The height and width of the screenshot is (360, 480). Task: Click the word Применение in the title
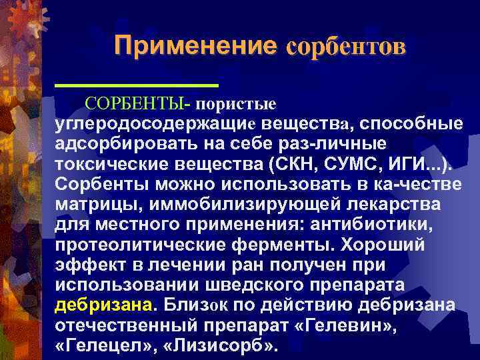click(195, 45)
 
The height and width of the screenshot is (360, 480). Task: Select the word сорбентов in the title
click(345, 47)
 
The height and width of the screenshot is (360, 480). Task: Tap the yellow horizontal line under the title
click(137, 86)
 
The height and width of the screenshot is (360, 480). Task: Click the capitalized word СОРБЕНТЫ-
click(138, 105)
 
